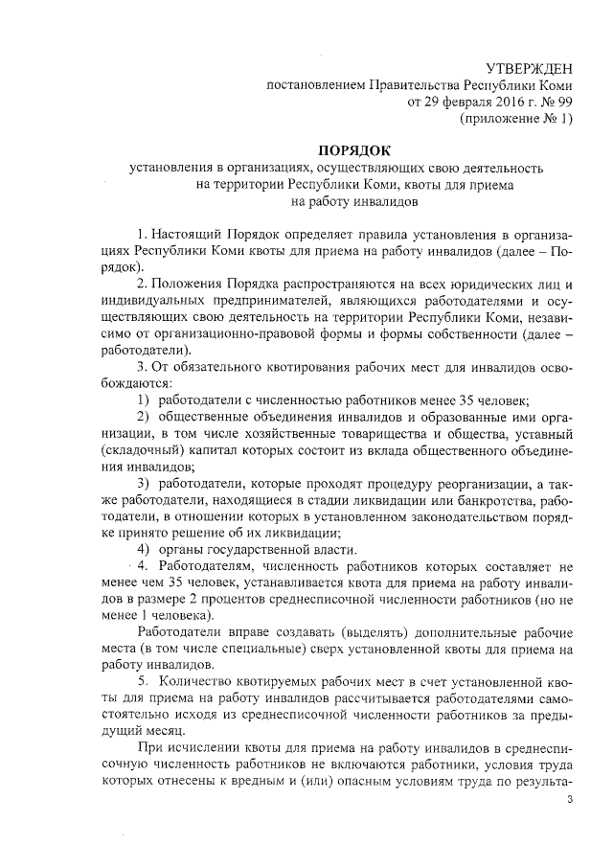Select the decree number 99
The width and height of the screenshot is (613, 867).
(563, 102)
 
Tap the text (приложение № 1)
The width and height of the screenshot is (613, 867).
(518, 119)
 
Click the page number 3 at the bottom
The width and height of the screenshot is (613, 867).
(569, 799)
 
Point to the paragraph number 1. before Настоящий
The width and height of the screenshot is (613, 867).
(144, 235)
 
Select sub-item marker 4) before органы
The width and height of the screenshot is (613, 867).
(144, 549)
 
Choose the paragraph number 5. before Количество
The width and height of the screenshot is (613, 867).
(144, 681)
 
